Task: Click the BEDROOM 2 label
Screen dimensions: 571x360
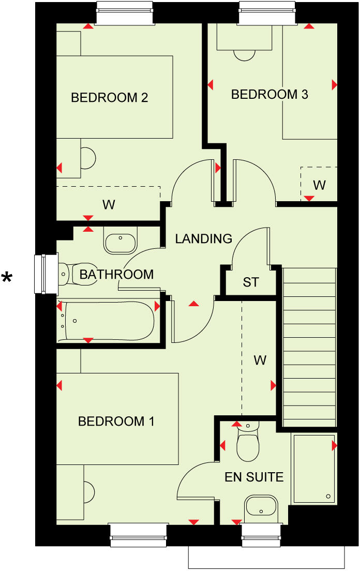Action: coord(110,97)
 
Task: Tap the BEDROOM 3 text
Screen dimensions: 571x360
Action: coord(269,95)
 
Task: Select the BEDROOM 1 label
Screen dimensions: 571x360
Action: coord(116,422)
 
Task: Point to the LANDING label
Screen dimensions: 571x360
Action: coord(203,238)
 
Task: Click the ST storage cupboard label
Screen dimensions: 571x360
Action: coord(251,282)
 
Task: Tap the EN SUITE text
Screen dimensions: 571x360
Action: coord(254,476)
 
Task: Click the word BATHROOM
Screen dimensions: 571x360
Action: coord(116,274)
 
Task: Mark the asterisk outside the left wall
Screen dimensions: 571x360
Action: coord(7,279)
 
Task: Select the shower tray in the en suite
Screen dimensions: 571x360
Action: coord(314,469)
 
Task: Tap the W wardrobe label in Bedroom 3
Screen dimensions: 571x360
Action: coord(319,185)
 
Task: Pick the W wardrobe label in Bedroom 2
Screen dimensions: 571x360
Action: coord(108,205)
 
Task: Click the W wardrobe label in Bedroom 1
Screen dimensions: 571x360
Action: coord(260,360)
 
